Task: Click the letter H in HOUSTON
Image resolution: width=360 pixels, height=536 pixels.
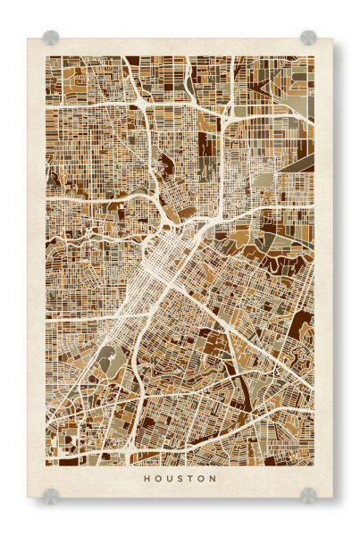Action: coord(146,478)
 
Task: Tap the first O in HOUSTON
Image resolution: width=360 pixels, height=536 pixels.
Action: coord(157,478)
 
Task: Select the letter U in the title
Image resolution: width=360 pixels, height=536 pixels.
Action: coord(169,478)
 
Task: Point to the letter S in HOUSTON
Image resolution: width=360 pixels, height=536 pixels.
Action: coord(180,478)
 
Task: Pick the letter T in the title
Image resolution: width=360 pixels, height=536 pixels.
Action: coord(190,478)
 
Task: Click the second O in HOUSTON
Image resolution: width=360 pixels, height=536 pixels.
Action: coord(201,478)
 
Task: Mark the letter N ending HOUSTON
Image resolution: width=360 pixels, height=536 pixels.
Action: coord(213,478)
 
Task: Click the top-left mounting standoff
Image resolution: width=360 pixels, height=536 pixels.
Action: coord(51,38)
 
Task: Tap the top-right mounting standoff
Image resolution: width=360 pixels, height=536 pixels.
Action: coord(308,38)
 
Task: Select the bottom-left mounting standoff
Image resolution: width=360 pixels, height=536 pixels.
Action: coord(51,494)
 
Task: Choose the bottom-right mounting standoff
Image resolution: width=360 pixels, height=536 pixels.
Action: coord(308,494)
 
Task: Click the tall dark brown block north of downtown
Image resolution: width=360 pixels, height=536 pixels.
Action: coord(207,147)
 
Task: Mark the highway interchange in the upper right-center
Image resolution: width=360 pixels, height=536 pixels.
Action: coord(230,112)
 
